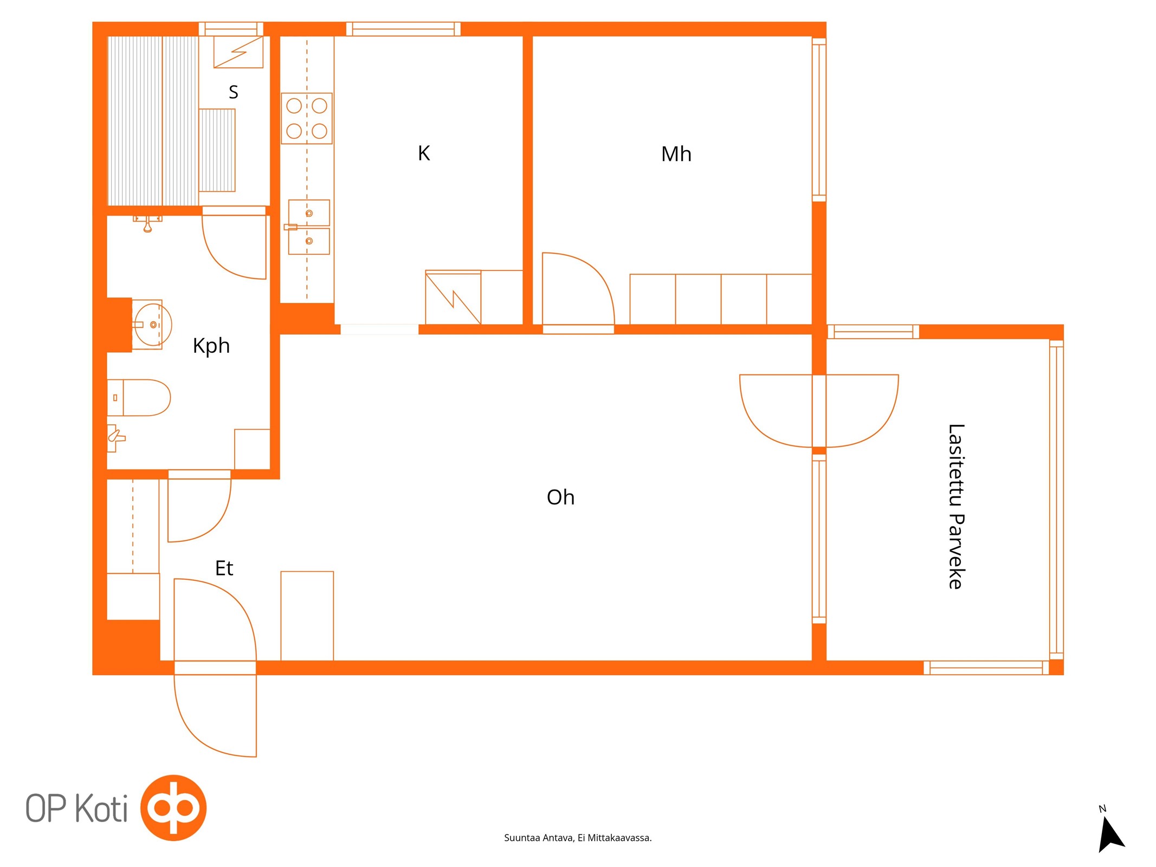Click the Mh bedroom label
pyautogui.click(x=676, y=154)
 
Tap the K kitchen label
pyautogui.click(x=424, y=153)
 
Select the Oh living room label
pyautogui.click(x=560, y=497)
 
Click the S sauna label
pyautogui.click(x=234, y=92)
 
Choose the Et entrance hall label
pyautogui.click(x=224, y=568)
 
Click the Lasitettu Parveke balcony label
pyautogui.click(x=956, y=506)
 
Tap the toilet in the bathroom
pyautogui.click(x=139, y=398)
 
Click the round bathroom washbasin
pyautogui.click(x=153, y=325)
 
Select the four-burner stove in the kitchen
pyautogui.click(x=307, y=118)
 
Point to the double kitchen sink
pyautogui.click(x=308, y=227)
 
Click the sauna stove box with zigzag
pyautogui.click(x=238, y=52)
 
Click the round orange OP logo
pyautogui.click(x=173, y=807)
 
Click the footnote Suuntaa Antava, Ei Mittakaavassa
pyautogui.click(x=578, y=838)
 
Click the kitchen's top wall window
pyautogui.click(x=403, y=29)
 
